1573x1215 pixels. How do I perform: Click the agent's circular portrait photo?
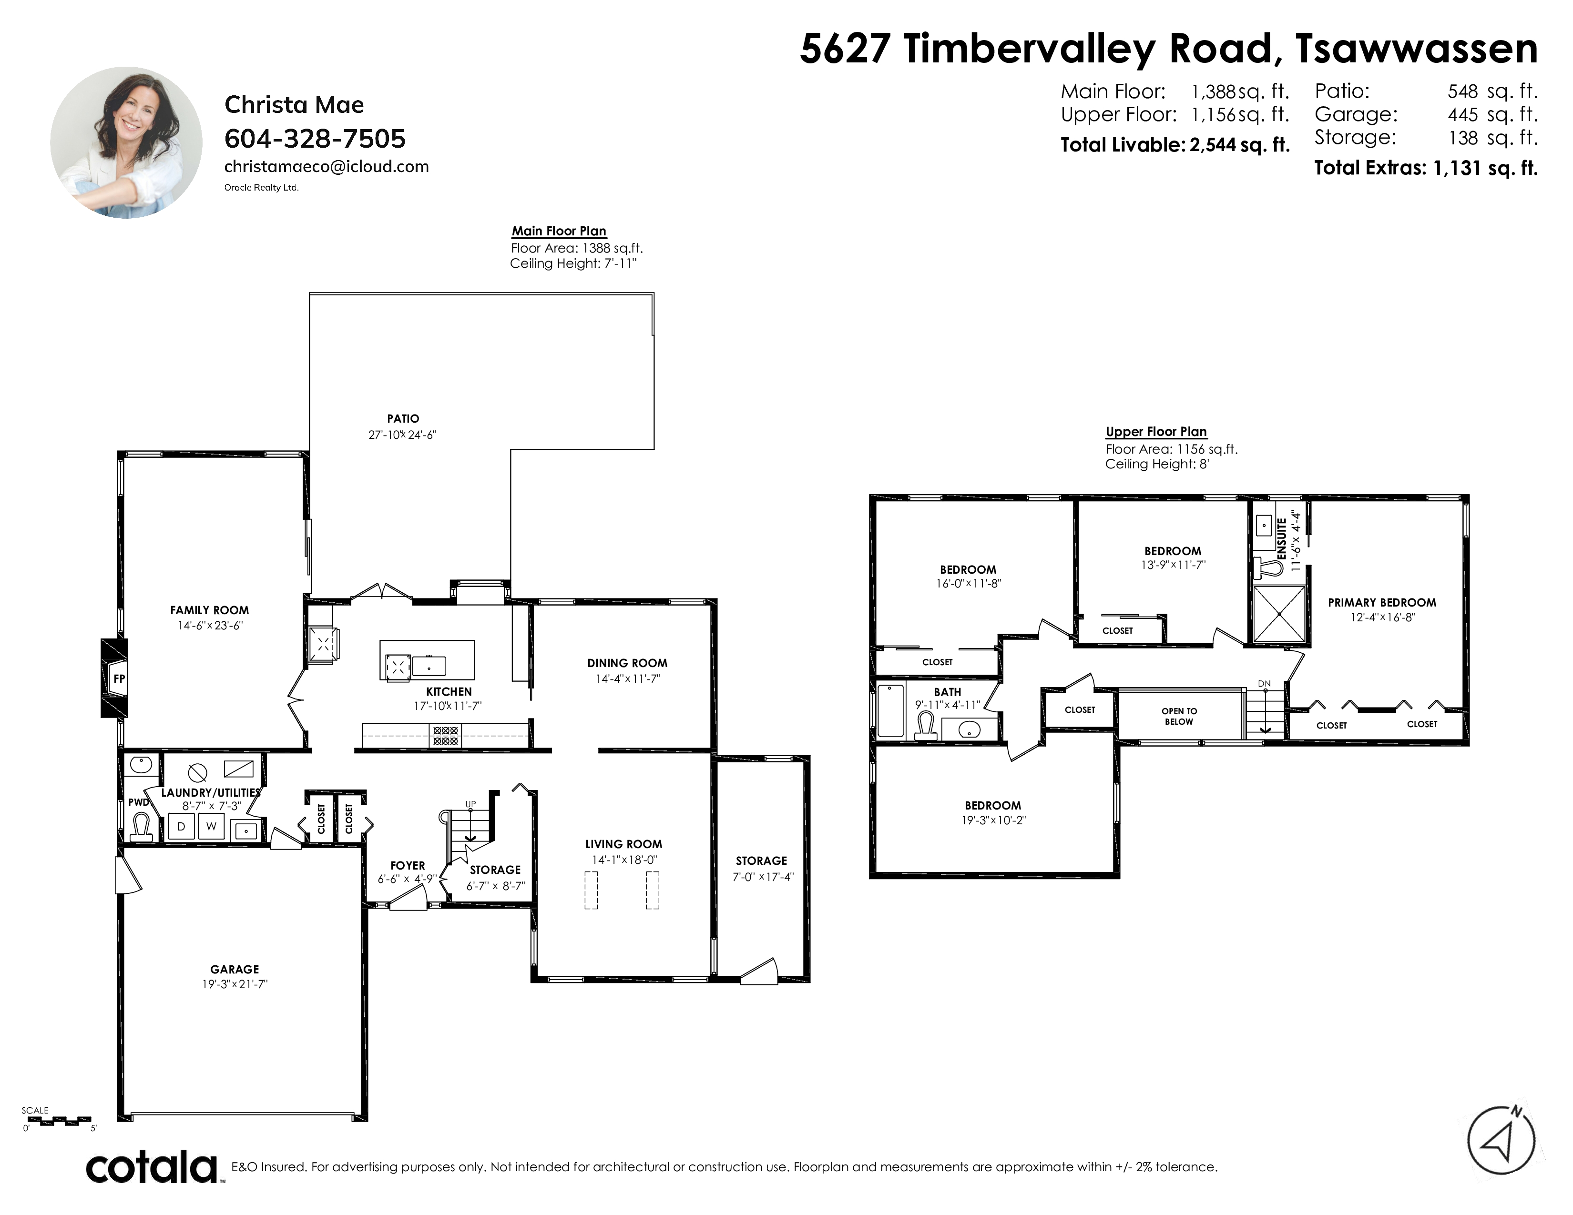pyautogui.click(x=126, y=142)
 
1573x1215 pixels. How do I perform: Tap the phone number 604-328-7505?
pyautogui.click(x=315, y=138)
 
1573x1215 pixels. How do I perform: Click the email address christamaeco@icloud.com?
pyautogui.click(x=326, y=166)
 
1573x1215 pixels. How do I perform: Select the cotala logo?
pyautogui.click(x=152, y=1167)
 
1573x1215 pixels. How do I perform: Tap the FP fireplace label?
pyautogui.click(x=119, y=678)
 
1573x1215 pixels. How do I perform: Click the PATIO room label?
pyautogui.click(x=403, y=418)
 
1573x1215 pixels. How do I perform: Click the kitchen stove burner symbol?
pyautogui.click(x=445, y=735)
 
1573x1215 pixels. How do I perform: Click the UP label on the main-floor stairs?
pyautogui.click(x=470, y=803)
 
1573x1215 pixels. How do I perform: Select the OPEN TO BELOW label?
pyautogui.click(x=1179, y=716)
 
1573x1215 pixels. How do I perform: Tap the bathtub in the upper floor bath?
pyautogui.click(x=891, y=711)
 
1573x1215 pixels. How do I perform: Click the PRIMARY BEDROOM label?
pyautogui.click(x=1381, y=602)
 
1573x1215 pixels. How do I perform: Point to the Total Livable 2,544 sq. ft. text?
pyautogui.click(x=1175, y=145)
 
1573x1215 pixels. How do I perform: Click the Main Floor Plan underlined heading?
pyautogui.click(x=559, y=231)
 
